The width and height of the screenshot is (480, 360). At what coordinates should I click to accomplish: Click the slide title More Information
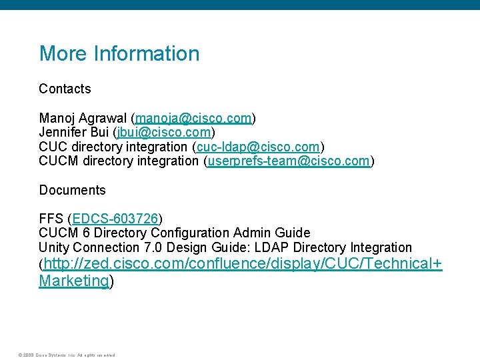119,53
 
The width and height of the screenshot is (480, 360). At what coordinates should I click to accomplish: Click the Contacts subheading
65,89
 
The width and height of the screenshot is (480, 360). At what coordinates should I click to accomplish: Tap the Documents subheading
72,190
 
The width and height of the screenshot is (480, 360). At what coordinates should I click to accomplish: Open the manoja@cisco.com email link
193,118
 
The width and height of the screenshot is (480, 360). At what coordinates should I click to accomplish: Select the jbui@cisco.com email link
164,132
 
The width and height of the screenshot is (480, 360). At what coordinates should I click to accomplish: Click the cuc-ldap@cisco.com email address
258,147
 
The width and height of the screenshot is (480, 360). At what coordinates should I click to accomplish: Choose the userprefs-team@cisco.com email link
289,161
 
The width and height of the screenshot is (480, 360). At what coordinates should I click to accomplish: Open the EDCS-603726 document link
115,219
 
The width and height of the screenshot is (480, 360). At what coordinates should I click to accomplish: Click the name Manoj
57,118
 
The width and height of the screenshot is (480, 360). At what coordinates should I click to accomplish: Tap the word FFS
51,219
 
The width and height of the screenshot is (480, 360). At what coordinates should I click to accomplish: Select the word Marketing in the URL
73,281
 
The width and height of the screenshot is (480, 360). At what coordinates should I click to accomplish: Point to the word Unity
53,247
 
